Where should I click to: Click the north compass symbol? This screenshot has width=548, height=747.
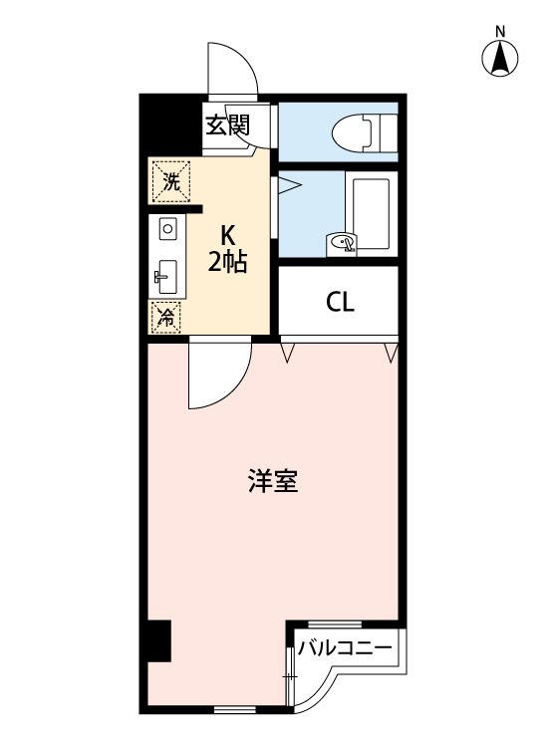click(500, 61)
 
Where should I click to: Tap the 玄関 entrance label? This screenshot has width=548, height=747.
click(227, 125)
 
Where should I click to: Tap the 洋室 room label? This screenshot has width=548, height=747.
click(272, 482)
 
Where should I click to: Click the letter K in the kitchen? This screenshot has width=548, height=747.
click(227, 237)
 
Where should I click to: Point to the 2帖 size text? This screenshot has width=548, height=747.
click(227, 263)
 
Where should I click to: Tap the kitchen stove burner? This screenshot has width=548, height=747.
click(166, 229)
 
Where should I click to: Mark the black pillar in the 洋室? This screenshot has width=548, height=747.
click(157, 640)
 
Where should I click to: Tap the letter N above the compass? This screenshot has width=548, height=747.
click(500, 31)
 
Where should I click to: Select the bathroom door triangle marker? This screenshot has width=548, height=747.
click(284, 183)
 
